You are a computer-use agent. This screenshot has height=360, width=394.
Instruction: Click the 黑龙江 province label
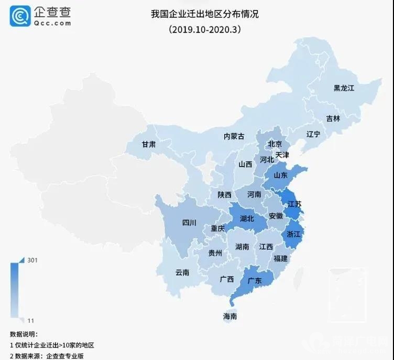pos(344,88)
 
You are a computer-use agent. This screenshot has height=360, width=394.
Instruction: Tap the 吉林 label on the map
pos(333,118)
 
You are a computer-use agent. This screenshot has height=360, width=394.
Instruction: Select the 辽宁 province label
pos(313,135)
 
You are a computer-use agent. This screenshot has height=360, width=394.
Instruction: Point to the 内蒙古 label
pos(234,136)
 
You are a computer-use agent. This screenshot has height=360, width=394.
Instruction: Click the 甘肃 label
pos(148,145)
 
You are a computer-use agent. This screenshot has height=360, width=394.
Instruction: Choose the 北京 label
pos(275,144)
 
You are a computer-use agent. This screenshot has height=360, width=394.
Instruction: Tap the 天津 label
pos(282,155)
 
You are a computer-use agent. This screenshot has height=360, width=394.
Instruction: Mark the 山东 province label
pos(280,176)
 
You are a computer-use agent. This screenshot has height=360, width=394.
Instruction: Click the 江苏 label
pos(294,204)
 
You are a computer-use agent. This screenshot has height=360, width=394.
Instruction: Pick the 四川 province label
pos(189,223)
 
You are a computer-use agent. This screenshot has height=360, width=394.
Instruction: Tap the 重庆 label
pos(217,228)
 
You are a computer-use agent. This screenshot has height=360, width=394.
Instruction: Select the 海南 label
pos(230,317)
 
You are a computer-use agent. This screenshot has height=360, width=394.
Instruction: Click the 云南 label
pos(183,272)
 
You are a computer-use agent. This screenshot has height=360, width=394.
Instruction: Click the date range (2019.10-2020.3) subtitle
pos(204,30)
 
